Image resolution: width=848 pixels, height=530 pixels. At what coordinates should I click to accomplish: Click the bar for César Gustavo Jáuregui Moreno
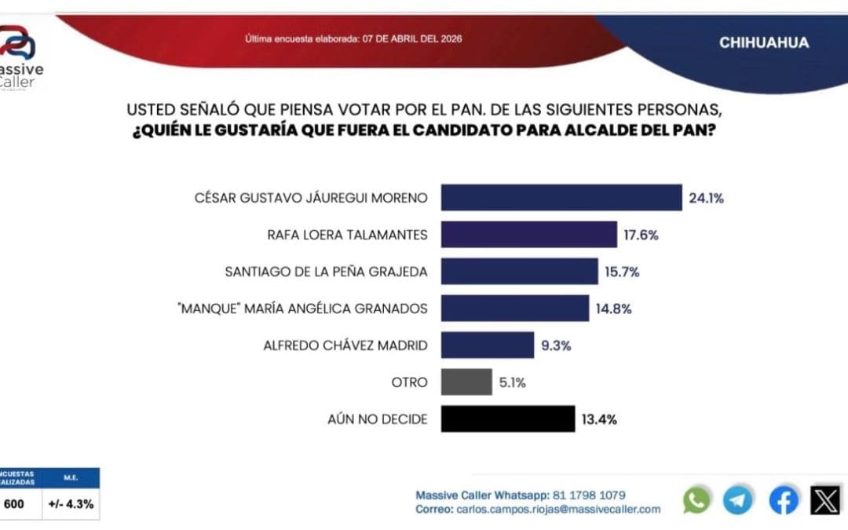(x=561, y=198)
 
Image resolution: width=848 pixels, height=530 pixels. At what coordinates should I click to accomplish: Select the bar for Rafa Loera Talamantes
(x=528, y=234)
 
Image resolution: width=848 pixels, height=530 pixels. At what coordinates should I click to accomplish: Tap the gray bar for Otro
(x=466, y=382)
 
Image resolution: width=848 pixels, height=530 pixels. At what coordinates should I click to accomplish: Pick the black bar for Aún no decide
(x=507, y=419)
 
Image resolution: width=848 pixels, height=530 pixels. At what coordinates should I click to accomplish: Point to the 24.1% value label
(x=706, y=199)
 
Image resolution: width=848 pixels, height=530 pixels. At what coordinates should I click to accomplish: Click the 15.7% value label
(x=622, y=272)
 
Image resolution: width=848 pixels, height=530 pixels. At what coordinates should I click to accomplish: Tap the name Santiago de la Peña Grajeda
(x=326, y=272)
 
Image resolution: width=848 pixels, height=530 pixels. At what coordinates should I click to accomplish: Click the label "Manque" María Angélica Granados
(x=302, y=309)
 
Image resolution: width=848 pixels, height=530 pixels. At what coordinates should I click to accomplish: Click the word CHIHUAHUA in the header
(x=763, y=42)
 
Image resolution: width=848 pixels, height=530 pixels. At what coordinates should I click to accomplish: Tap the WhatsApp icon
(x=696, y=500)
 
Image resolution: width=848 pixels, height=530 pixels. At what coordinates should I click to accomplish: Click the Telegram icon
(x=737, y=500)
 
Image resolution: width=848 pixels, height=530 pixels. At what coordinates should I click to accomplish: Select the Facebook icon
(x=783, y=500)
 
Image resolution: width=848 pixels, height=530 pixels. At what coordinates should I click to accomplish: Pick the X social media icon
(x=825, y=500)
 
